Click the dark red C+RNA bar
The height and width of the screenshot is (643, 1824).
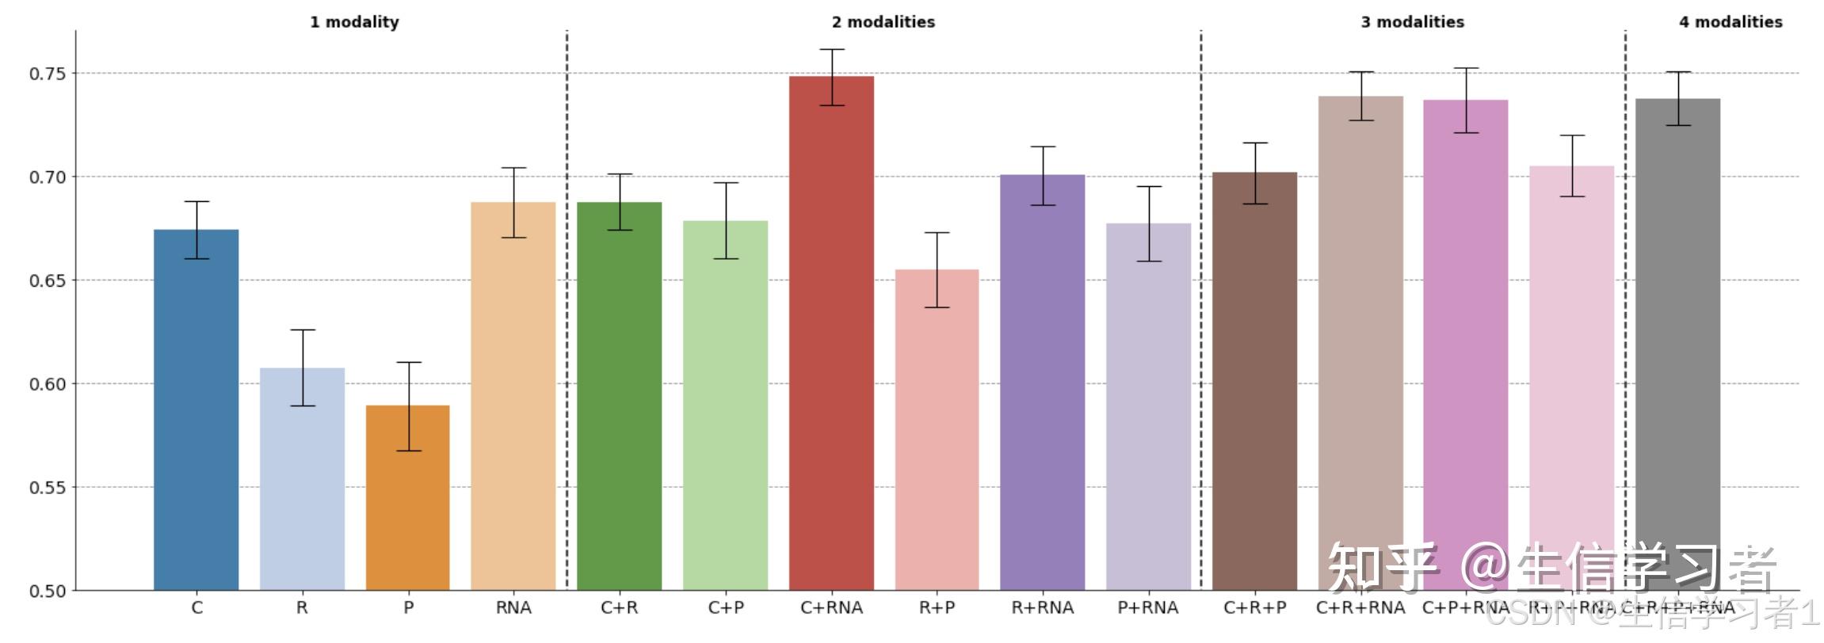coord(831,333)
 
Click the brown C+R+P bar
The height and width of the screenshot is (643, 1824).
coord(1254,380)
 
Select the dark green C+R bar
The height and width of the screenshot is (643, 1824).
coord(619,396)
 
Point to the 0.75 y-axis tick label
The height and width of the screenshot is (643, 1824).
coord(48,74)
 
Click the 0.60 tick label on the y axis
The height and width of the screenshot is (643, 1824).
coord(48,384)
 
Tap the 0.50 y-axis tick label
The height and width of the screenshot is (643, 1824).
coord(48,591)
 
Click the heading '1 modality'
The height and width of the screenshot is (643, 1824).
coord(354,22)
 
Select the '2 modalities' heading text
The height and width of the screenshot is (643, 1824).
coord(883,22)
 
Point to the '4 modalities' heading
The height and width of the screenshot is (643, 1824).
coord(1730,22)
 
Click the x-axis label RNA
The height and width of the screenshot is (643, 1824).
coord(513,608)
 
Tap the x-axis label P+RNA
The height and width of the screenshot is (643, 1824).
coord(1148,608)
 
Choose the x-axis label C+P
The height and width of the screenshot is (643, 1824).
coord(726,608)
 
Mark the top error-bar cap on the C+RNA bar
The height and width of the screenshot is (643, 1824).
coord(831,49)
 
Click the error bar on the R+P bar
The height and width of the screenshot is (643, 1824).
coord(937,269)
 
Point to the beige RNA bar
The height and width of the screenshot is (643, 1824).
coord(513,396)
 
